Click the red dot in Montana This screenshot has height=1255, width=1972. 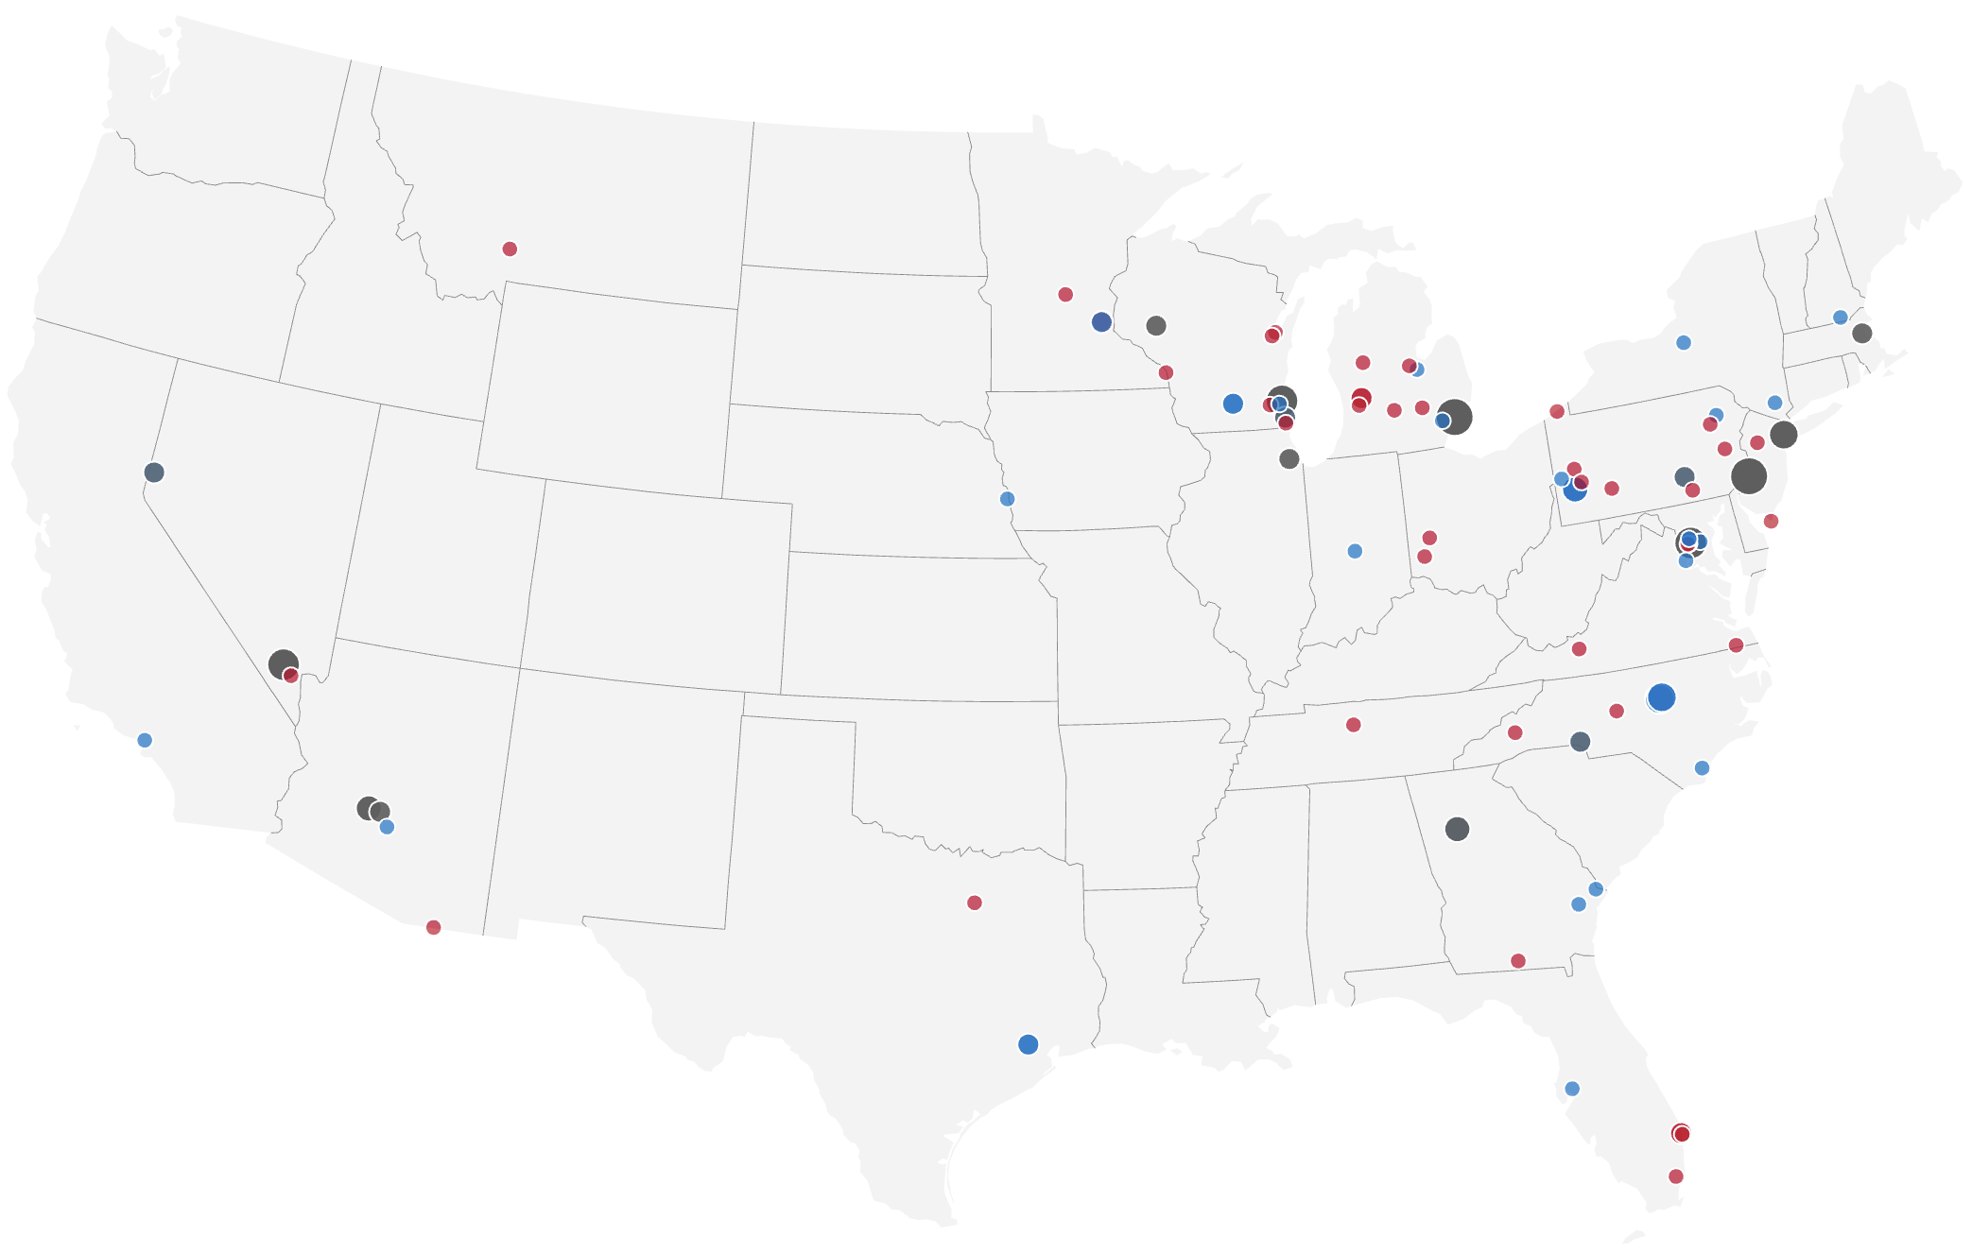click(510, 249)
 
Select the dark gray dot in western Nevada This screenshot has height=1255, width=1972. click(154, 472)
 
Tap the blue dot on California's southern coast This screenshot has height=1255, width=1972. click(145, 740)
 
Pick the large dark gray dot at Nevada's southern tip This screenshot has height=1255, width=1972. click(283, 663)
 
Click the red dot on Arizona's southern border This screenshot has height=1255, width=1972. click(433, 927)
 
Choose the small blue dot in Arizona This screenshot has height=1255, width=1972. click(387, 827)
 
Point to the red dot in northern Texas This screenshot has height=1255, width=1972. click(975, 903)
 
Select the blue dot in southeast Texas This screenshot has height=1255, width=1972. click(1029, 1044)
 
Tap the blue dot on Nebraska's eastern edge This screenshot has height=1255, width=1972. click(1007, 499)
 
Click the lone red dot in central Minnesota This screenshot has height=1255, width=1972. click(1065, 294)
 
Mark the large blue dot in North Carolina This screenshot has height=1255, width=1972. click(1661, 697)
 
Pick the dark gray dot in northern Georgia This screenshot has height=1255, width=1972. click(1458, 829)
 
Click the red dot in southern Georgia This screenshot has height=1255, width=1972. click(1518, 961)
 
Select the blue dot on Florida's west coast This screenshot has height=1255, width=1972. click(1572, 1089)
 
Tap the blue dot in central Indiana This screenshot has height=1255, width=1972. click(1355, 551)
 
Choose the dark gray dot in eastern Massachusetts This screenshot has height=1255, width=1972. click(1862, 333)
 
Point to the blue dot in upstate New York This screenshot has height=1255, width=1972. click(1684, 343)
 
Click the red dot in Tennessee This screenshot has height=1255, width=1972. click(1354, 725)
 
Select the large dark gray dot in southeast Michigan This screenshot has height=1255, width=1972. click(1455, 417)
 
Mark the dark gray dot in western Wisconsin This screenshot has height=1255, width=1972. click(1156, 325)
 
